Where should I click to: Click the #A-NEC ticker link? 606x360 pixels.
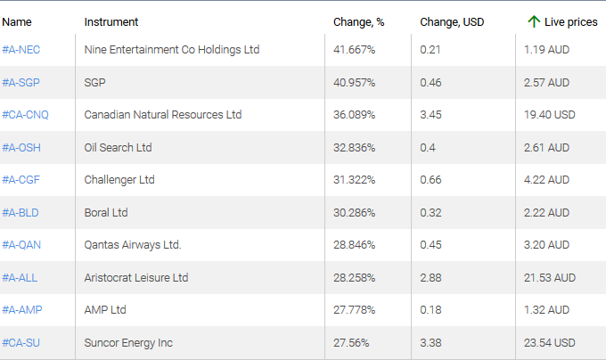coord(21,50)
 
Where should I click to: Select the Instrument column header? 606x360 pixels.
coord(111,21)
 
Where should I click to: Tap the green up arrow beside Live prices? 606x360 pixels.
coord(533,20)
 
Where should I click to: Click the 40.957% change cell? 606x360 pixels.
coord(354,83)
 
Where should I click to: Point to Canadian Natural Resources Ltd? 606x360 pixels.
coord(162,115)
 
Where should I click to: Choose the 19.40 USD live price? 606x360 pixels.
coord(550,115)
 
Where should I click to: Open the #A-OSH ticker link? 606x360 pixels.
coord(21,147)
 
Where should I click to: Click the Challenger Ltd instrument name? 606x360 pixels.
coord(119,180)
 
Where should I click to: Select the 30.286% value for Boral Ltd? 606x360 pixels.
coord(354,212)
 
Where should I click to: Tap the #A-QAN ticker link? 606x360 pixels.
coord(21,245)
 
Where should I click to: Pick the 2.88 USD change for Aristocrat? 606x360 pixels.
coord(430,277)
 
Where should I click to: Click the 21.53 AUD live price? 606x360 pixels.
coord(550,277)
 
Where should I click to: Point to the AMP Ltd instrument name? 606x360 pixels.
coord(105,310)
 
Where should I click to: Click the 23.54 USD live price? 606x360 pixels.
coord(550,342)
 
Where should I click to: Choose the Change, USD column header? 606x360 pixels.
coord(452,21)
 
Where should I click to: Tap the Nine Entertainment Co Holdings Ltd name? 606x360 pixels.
coord(171,50)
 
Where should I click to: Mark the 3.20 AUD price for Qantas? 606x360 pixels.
coord(546,245)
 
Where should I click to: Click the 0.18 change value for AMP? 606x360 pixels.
coord(430,310)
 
